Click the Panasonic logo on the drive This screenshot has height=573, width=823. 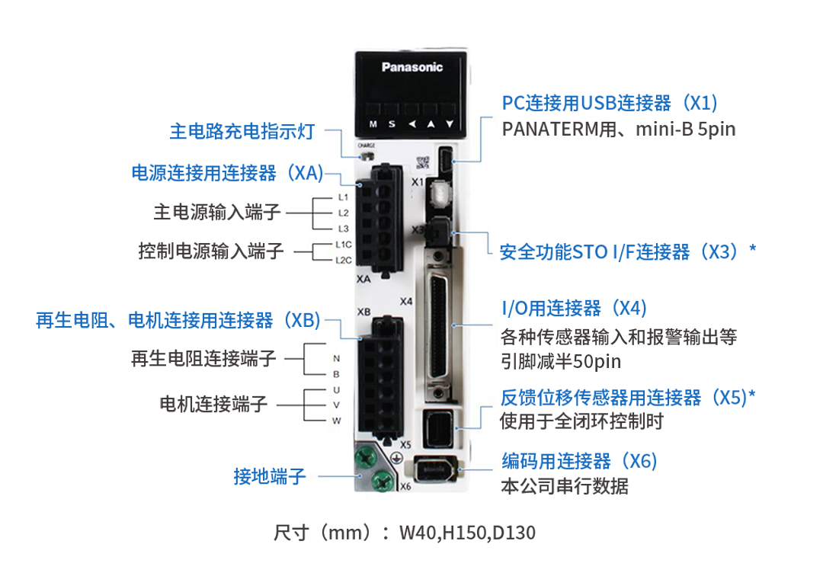412,67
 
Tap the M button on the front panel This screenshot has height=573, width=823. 373,124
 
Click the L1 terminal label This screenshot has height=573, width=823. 343,197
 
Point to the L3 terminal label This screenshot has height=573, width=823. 343,229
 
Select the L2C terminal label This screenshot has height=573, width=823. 344,261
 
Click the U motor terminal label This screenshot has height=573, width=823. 337,390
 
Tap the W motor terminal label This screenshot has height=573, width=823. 337,421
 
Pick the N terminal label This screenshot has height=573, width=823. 337,358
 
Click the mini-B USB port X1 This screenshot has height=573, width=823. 444,159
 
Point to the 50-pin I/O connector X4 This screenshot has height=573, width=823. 438,325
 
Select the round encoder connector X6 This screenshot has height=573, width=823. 435,469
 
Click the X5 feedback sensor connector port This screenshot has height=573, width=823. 437,427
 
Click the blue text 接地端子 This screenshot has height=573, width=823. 270,476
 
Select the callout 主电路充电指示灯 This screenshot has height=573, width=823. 242,131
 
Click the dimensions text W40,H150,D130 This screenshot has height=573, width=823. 467,533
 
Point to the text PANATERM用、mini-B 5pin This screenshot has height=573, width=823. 618,129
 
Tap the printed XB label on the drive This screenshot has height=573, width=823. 363,312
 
